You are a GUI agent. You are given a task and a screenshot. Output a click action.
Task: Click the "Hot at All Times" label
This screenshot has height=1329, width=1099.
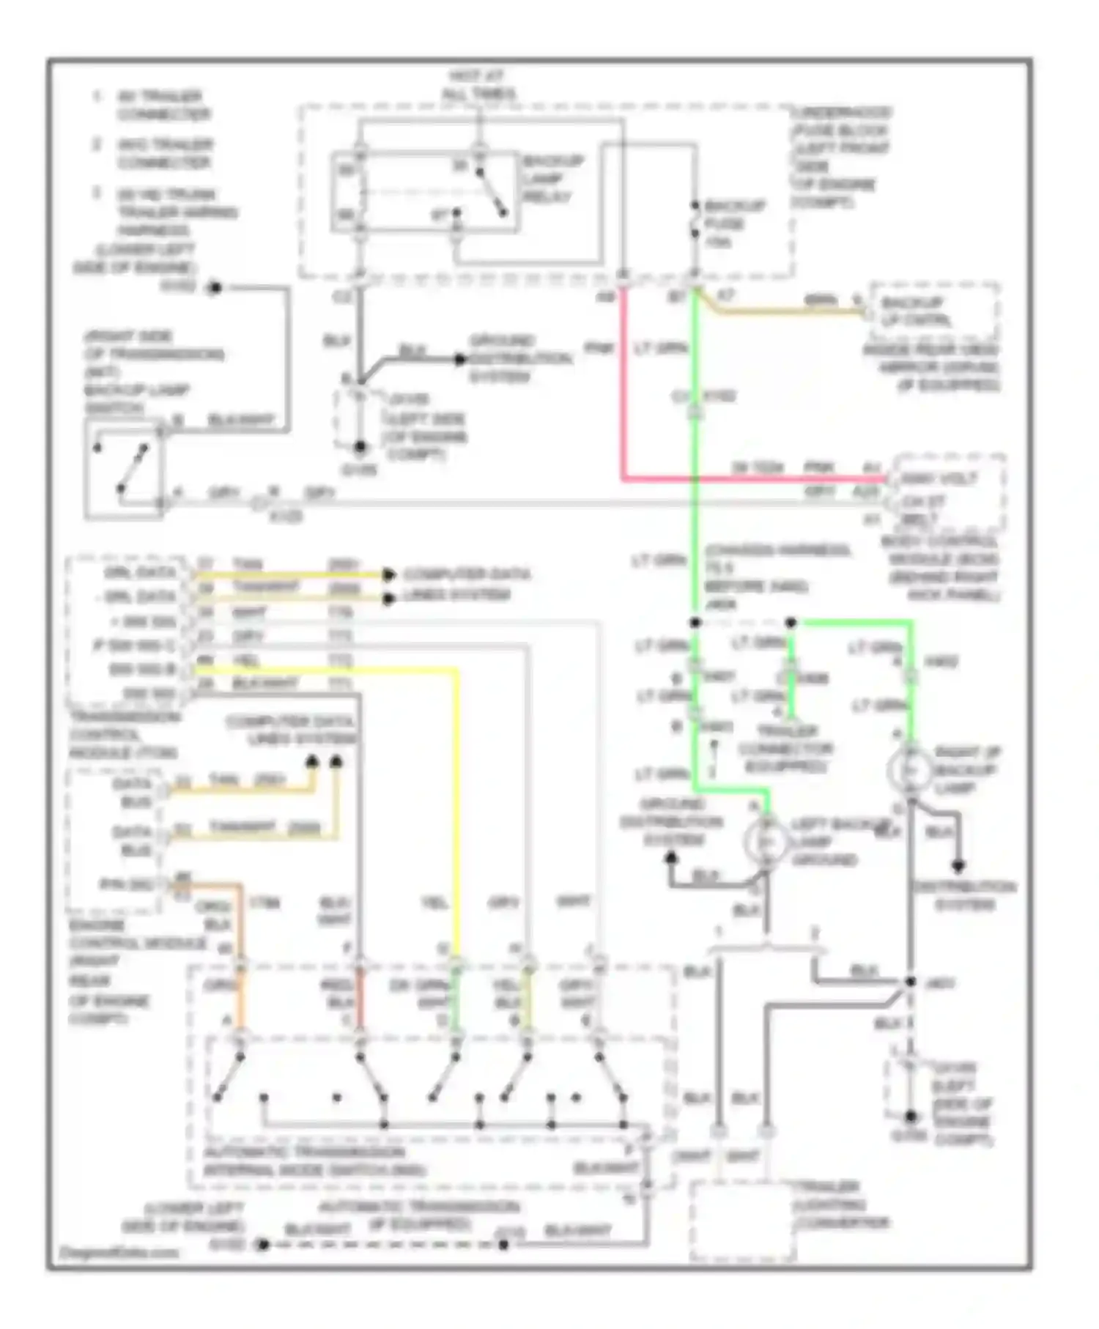[x=478, y=84]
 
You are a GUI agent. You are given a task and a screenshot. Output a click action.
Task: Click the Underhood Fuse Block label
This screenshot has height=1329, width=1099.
[x=840, y=158]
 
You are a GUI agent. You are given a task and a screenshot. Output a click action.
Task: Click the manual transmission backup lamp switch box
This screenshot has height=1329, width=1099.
[x=123, y=469]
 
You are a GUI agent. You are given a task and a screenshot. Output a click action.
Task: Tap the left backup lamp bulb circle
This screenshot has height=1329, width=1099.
[x=766, y=843]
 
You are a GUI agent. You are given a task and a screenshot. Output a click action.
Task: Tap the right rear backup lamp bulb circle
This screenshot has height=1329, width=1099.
[x=909, y=770]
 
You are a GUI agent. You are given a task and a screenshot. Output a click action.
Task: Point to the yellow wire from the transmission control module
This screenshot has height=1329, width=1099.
[x=458, y=806]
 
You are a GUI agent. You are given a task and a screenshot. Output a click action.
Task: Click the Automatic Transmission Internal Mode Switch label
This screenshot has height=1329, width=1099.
[x=315, y=1161]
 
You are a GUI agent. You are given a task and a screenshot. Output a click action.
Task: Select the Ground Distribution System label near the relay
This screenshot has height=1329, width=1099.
[x=520, y=359]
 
